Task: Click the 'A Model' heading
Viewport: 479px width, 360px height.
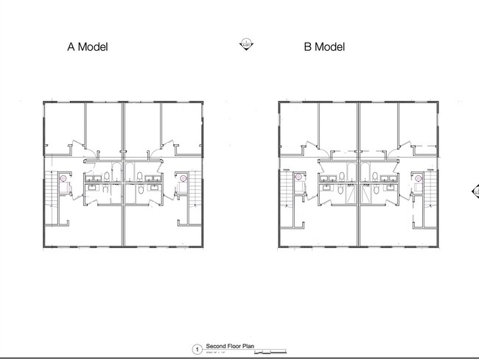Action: (x=88, y=47)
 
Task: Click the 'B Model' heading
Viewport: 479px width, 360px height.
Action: (x=324, y=47)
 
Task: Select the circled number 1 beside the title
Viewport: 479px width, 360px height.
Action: (x=197, y=349)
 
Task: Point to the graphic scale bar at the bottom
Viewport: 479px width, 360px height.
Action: (x=270, y=351)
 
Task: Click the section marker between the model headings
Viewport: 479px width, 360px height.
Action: (x=245, y=43)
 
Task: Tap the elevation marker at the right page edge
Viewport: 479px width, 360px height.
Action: (x=475, y=192)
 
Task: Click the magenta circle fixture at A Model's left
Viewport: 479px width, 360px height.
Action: (x=63, y=178)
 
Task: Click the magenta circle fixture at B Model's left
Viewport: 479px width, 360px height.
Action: (x=299, y=178)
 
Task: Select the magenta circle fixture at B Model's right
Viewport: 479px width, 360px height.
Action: (x=419, y=178)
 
